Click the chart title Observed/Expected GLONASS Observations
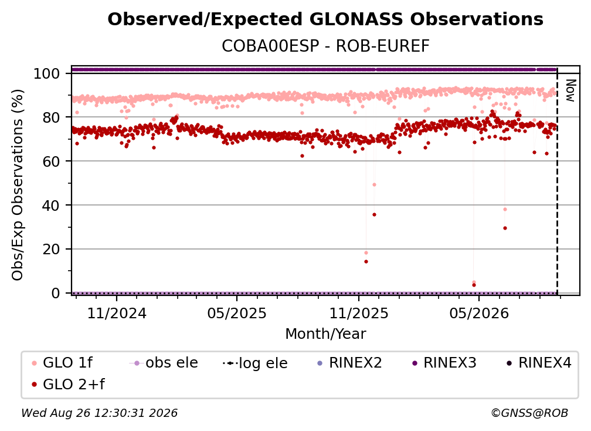pyautogui.click(x=325, y=19)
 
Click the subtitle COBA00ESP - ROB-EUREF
pyautogui.click(x=325, y=46)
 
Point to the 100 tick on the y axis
pyautogui.click(x=47, y=73)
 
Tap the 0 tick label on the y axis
pyautogui.click(x=56, y=293)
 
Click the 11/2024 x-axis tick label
pyautogui.click(x=117, y=314)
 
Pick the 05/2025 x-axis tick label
pyautogui.click(x=237, y=314)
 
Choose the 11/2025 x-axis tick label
pyautogui.click(x=359, y=314)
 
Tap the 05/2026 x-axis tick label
pyautogui.click(x=479, y=314)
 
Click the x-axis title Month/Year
pyautogui.click(x=325, y=334)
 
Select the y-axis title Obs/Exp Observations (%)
pyautogui.click(x=18, y=185)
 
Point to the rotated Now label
pyautogui.click(x=570, y=90)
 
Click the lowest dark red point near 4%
pyautogui.click(x=474, y=285)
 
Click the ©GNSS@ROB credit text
pyautogui.click(x=529, y=413)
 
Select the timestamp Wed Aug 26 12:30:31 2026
pyautogui.click(x=99, y=413)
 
